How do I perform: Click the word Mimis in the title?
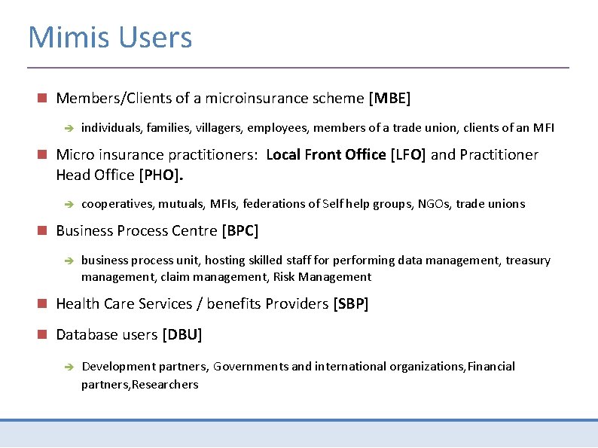(66, 37)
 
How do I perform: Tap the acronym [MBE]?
(389, 99)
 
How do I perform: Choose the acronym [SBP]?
(350, 304)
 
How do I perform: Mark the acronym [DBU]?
(182, 334)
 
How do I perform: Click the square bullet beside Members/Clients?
(42, 98)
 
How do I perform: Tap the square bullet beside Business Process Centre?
(42, 230)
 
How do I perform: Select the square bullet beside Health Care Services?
(42, 303)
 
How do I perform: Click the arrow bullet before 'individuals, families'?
(67, 129)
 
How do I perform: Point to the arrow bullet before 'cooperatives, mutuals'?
(67, 204)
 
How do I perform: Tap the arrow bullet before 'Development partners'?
(67, 367)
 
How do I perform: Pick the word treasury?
(528, 261)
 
